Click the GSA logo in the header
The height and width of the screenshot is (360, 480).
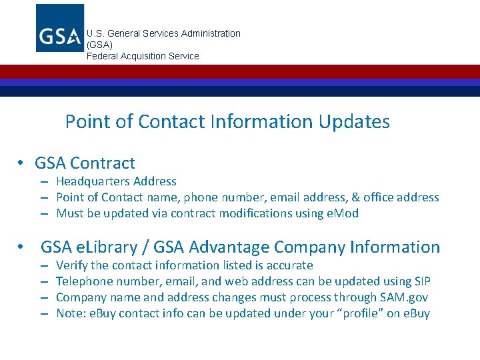[60, 28]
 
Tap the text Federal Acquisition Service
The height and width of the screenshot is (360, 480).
[143, 56]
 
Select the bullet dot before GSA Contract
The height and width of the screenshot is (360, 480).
[22, 163]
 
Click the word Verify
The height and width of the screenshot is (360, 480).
[71, 265]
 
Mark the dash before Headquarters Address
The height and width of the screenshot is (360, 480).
[42, 182]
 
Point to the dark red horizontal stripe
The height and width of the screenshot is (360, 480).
[240, 71]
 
